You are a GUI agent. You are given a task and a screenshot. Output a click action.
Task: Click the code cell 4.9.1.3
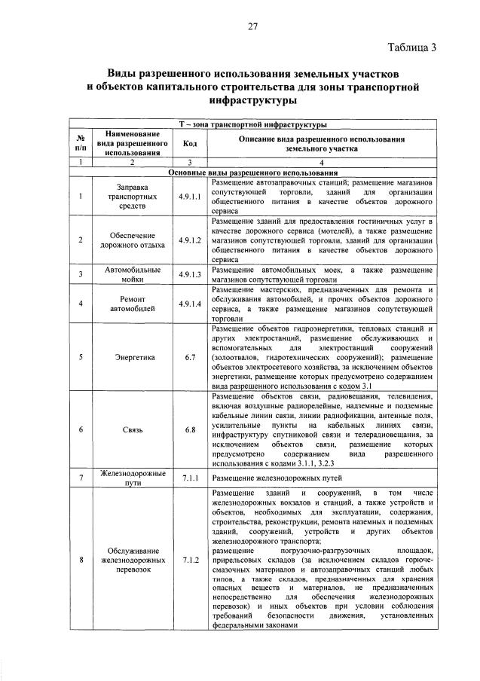point(190,274)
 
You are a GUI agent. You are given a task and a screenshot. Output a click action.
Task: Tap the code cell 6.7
point(190,357)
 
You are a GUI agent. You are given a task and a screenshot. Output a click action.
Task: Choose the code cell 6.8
point(190,429)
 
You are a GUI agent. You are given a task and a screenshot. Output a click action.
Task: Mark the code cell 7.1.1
point(190,478)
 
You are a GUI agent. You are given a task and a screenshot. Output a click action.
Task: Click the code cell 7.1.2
point(190,560)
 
